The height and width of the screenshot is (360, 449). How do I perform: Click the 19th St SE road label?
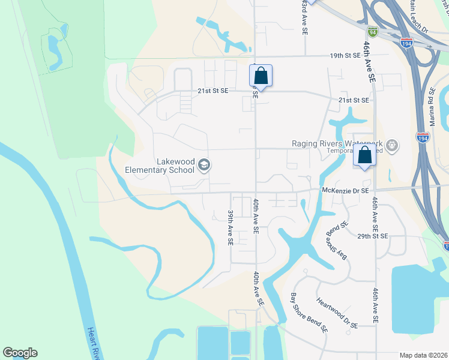(345, 55)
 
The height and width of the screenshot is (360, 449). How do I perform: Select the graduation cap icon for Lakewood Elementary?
(204, 165)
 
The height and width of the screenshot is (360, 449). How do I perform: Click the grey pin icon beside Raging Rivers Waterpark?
(392, 145)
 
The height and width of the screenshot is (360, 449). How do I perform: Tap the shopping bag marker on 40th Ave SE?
(261, 76)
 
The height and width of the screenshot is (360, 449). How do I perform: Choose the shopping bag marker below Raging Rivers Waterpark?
(364, 155)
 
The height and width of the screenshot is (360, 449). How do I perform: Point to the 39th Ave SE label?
(230, 227)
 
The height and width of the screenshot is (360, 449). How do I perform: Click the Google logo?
(20, 353)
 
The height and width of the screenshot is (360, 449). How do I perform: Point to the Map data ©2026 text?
(423, 355)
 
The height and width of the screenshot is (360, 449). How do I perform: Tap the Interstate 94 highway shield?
(373, 32)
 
